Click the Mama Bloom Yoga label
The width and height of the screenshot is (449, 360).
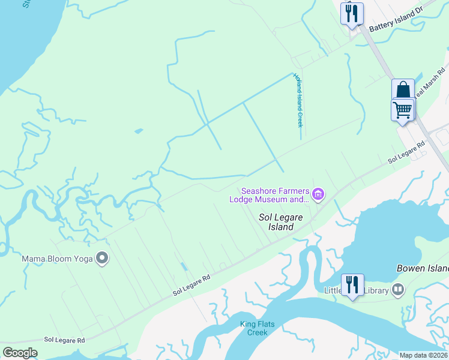(x=57, y=259)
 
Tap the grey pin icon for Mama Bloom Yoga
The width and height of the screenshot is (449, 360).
(x=103, y=259)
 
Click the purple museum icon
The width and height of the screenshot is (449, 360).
(x=318, y=194)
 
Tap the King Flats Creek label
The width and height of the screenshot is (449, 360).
(x=258, y=328)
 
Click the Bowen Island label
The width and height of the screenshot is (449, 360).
(x=423, y=268)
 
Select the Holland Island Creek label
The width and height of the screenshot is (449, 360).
(x=297, y=100)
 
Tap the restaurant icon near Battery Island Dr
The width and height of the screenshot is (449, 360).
(x=352, y=13)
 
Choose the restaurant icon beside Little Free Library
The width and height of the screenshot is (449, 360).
(x=352, y=285)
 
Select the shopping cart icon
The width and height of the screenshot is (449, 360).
(x=403, y=110)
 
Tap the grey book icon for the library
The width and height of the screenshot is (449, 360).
(x=397, y=290)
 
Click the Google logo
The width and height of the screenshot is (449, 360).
(x=20, y=353)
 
